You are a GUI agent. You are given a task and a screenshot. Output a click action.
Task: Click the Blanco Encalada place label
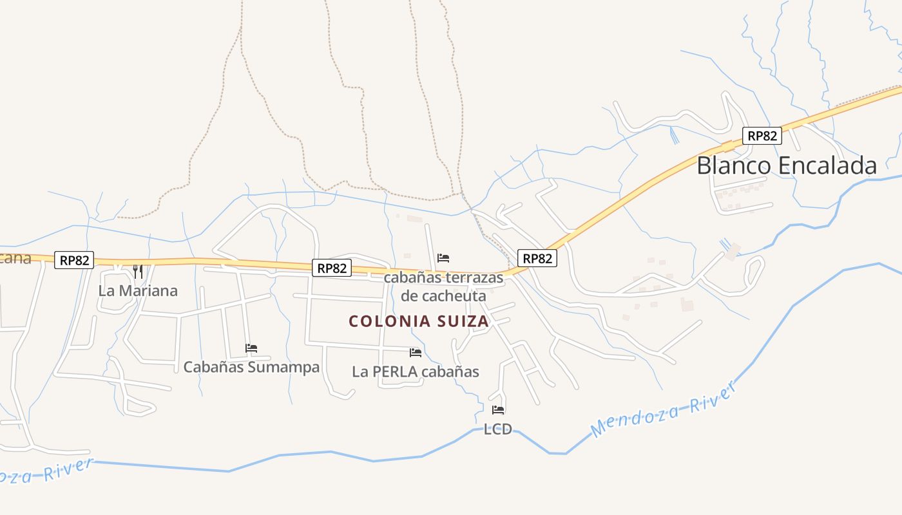tap(787, 165)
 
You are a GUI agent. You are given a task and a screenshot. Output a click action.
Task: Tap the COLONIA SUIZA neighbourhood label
tap(419, 321)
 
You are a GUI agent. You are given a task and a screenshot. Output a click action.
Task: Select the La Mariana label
tap(138, 290)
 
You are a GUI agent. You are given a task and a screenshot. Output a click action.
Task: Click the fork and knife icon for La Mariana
tap(137, 271)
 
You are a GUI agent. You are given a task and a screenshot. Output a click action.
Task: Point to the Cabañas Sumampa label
tap(251, 367)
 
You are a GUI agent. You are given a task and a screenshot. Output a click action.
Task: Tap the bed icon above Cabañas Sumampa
tap(251, 348)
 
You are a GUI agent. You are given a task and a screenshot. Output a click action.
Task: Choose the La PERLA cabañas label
tap(416, 371)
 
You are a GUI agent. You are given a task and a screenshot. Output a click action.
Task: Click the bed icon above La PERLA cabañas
tap(416, 353)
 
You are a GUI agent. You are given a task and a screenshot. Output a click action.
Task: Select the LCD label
tap(498, 429)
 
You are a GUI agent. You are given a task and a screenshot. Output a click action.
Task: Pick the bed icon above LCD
tap(498, 410)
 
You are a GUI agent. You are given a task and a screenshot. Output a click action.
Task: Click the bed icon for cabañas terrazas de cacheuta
tap(443, 258)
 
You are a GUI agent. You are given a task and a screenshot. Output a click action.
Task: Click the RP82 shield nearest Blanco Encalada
tap(762, 136)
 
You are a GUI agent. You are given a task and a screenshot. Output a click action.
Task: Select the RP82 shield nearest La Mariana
tap(75, 260)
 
